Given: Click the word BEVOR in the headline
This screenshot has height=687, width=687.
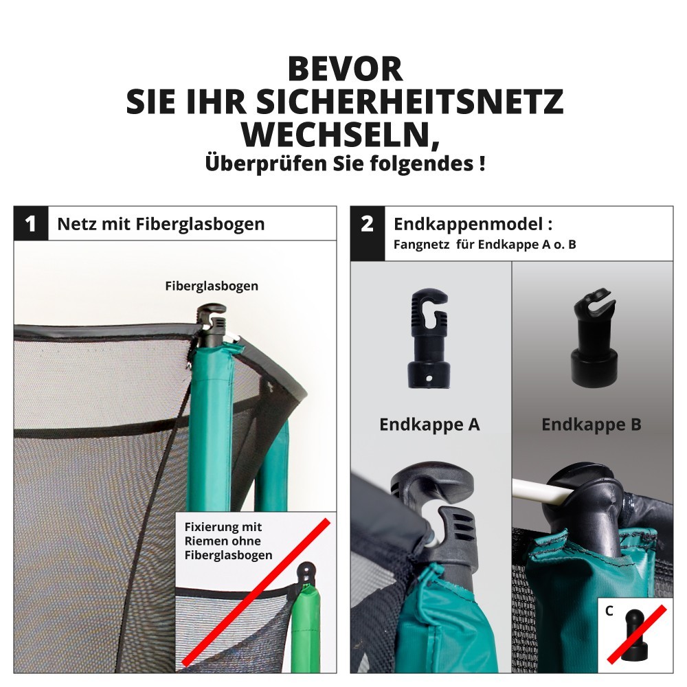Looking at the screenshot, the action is pos(345,69).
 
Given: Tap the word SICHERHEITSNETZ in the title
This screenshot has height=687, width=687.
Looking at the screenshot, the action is pos(409,102).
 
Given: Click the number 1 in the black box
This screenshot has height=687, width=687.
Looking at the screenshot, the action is pos(30,223).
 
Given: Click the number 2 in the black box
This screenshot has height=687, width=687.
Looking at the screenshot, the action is pos(367,223).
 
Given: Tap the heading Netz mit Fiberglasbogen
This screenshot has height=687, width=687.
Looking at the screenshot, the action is pos(161,224).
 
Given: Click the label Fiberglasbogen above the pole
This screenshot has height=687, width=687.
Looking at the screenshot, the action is pos(212,286).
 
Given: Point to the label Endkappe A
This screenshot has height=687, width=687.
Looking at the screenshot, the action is pos(429,424).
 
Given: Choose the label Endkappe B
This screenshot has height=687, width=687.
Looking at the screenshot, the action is pos(591,424).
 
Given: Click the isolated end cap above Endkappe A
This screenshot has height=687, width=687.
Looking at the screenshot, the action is pos(429,337).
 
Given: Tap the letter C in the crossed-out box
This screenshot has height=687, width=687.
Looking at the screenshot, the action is pos(609,611).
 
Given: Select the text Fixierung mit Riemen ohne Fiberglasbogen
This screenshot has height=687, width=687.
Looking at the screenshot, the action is pos(228,541).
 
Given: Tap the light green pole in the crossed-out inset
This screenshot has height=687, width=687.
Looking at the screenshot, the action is pos(306,627).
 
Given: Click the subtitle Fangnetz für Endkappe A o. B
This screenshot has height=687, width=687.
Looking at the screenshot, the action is pos(484,245).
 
